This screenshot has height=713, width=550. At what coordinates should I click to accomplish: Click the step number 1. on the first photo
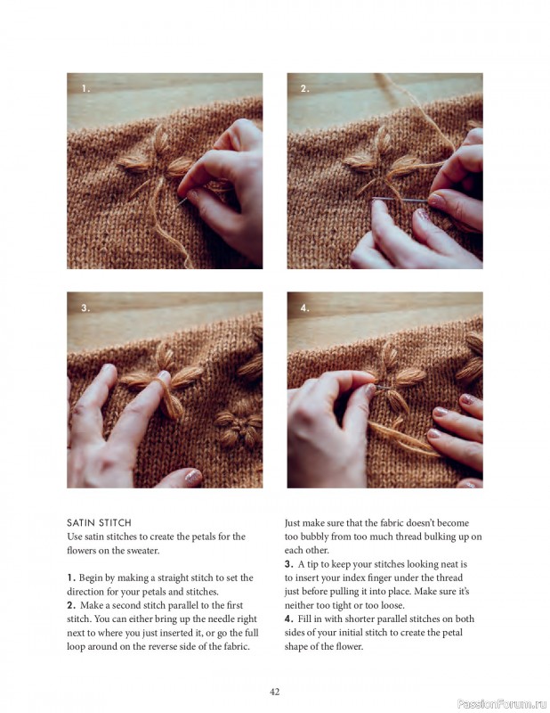pyautogui.click(x=85, y=88)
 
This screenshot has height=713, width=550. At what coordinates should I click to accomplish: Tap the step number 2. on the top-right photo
pyautogui.click(x=304, y=88)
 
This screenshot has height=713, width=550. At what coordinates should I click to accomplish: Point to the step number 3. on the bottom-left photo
pyautogui.click(x=85, y=307)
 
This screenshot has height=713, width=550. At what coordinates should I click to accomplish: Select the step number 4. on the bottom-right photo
pyautogui.click(x=304, y=307)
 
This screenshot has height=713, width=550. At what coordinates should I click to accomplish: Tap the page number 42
pyautogui.click(x=275, y=691)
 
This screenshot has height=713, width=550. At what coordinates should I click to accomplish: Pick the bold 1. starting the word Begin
pyautogui.click(x=71, y=578)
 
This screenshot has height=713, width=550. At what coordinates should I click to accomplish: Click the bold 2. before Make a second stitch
pyautogui.click(x=71, y=605)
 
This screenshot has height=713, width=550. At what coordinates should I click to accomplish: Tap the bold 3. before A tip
pyautogui.click(x=289, y=564)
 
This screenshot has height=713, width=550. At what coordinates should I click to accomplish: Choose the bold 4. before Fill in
pyautogui.click(x=289, y=619)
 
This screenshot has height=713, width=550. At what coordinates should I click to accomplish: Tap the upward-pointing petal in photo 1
pyautogui.click(x=161, y=140)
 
